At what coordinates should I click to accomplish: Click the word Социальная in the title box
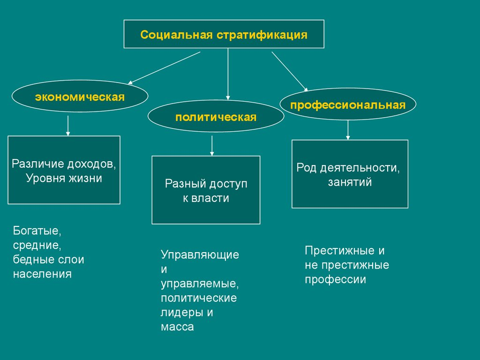point(176,35)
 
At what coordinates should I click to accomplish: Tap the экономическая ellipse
point(80,97)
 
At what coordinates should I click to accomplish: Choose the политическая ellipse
point(216,117)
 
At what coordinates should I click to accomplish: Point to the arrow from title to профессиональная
point(290,71)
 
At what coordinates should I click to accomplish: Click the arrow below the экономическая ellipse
point(68,125)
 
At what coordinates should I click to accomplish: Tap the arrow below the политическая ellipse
point(212,145)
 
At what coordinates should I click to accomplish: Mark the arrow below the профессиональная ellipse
point(348,130)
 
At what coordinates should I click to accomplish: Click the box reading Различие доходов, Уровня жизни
point(64,170)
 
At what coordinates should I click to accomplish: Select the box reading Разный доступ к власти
point(206,190)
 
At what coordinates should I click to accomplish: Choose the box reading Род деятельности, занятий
point(350,174)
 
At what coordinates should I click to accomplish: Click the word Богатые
point(37,231)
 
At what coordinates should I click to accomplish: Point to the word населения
point(42,274)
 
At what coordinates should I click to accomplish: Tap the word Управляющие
point(200,255)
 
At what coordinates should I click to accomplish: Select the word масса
point(177,327)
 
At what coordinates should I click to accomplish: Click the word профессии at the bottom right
point(335,280)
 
